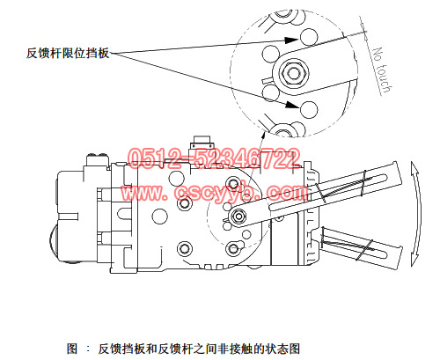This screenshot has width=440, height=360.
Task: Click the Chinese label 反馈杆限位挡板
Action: coord(68,53)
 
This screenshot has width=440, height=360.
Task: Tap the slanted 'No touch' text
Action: coord(381,70)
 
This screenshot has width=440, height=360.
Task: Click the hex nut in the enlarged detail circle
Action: coord(293,73)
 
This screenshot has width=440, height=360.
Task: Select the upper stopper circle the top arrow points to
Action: coord(309,37)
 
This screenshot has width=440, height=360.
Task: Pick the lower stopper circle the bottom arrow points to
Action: coord(309,109)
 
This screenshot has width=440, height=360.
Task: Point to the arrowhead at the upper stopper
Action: coord(291,40)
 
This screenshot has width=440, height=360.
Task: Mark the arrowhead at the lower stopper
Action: coord(292,105)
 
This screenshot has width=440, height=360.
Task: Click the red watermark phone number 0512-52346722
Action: coord(214,158)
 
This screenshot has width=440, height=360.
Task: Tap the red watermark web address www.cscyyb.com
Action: coord(214,193)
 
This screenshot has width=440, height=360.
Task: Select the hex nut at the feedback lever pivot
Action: coord(238,217)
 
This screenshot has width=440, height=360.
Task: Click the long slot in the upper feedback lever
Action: coord(328,192)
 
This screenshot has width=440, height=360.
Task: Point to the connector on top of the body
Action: coord(202,143)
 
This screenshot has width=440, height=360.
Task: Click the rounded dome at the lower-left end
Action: coord(54,242)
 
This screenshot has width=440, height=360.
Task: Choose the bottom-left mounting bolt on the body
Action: coord(185,249)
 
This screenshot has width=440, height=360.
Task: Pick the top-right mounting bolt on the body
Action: coord(233,184)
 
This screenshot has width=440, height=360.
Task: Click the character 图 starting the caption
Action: coord(72,349)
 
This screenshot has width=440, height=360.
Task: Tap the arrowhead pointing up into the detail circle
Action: coord(263,136)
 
